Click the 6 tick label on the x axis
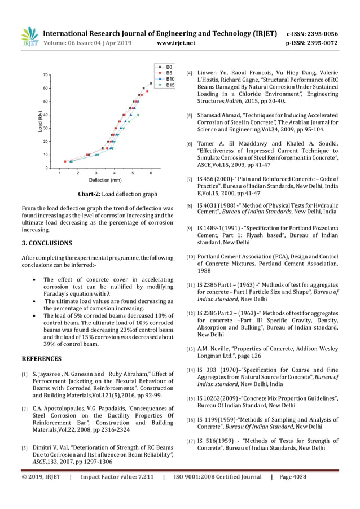click(x=151, y=173)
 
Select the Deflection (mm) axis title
click(x=105, y=181)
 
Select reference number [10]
click(x=190, y=257)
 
